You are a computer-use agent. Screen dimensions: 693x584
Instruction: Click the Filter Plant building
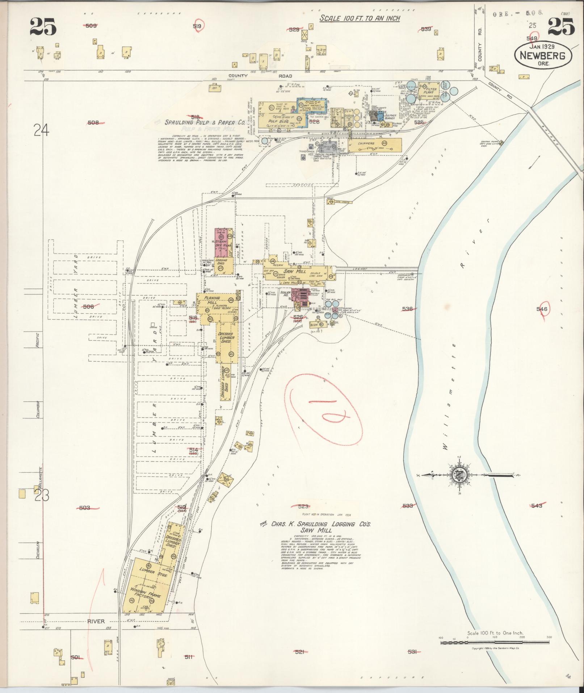point(428,91)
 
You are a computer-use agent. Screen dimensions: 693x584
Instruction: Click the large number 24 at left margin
point(41,130)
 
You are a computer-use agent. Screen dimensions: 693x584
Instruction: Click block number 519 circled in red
point(197,26)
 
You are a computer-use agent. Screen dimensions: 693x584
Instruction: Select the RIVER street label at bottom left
point(96,621)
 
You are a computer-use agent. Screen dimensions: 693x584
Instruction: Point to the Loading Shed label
point(221,262)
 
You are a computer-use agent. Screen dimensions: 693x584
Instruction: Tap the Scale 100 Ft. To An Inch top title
point(360,18)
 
